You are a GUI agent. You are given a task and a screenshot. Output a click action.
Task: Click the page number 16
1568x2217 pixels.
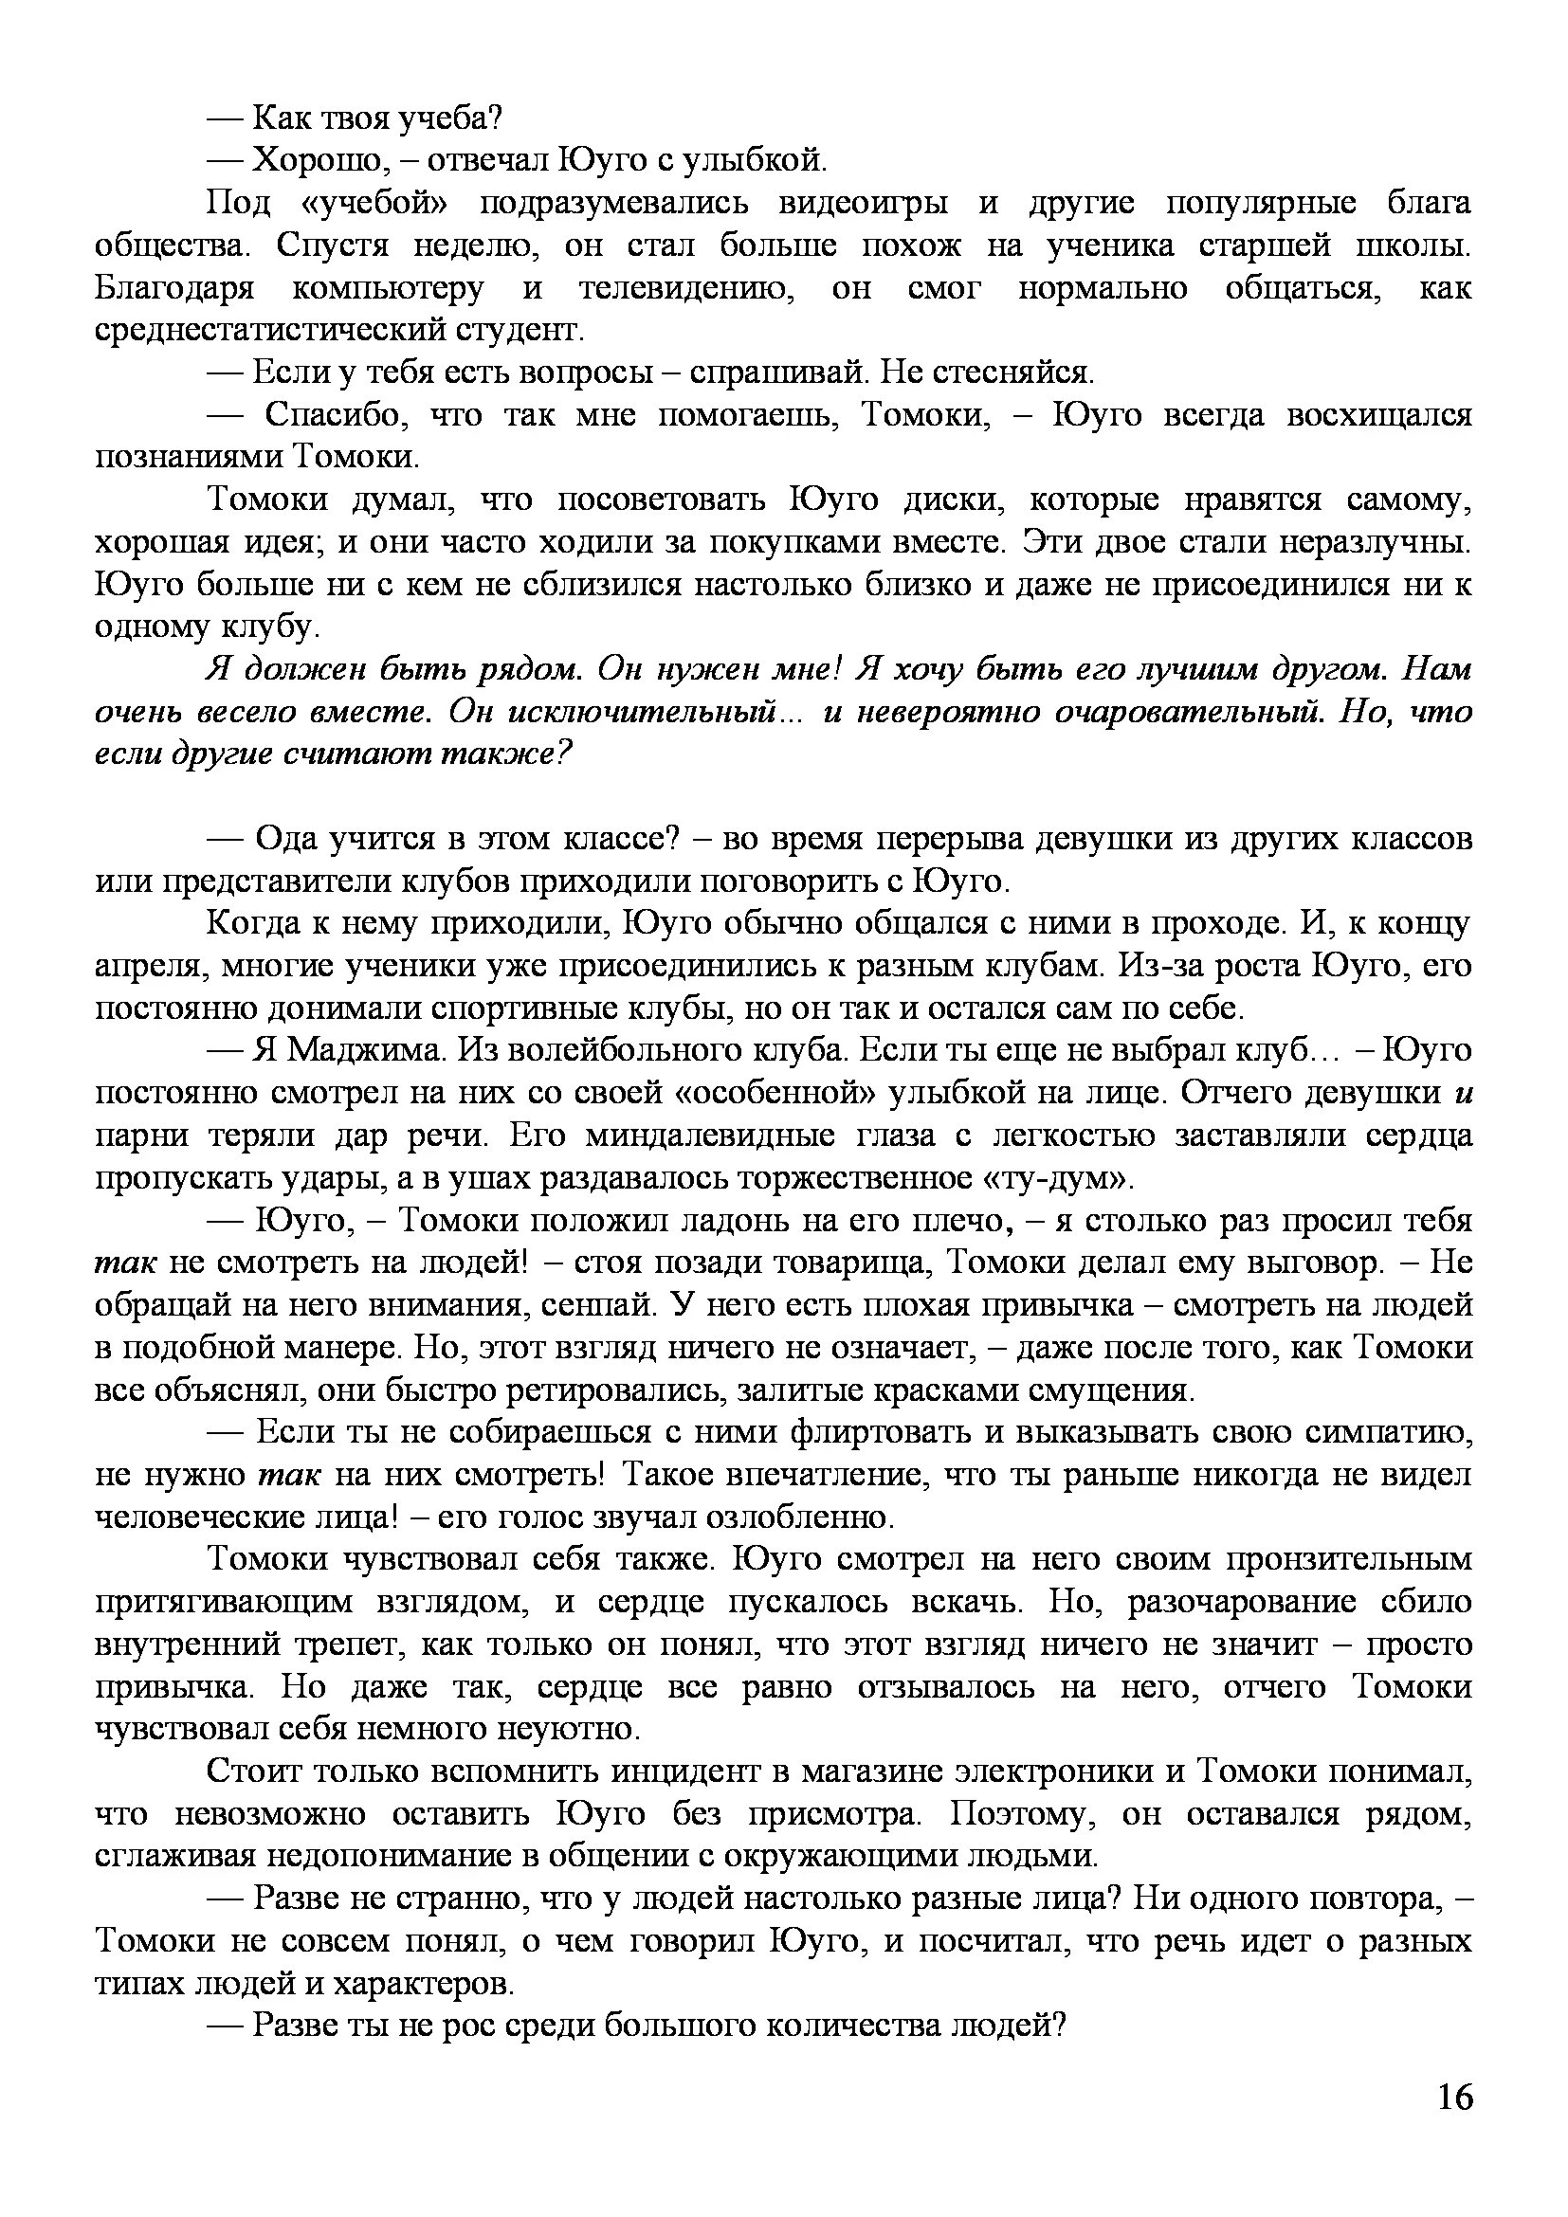tap(1454, 2124)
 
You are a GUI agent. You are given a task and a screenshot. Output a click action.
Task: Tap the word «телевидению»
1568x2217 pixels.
tap(686, 289)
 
